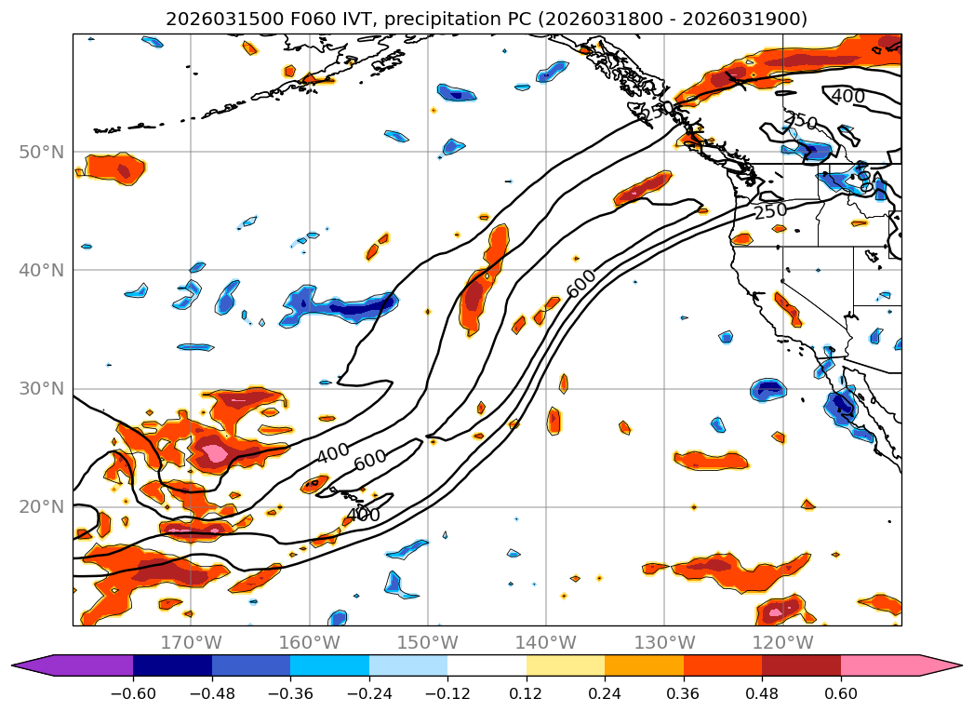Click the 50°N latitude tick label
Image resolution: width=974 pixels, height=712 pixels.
tap(41, 152)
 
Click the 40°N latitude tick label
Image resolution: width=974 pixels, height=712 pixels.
tap(41, 270)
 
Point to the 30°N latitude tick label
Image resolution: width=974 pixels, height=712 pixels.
tap(41, 388)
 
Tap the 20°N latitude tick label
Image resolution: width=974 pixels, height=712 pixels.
tap(41, 506)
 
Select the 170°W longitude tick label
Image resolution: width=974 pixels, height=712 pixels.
tap(191, 642)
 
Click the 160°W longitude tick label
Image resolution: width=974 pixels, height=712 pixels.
tap(309, 642)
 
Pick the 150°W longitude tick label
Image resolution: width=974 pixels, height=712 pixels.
tap(428, 642)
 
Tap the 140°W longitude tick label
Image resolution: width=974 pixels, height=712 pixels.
tap(546, 642)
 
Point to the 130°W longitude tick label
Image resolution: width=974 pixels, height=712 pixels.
tap(664, 642)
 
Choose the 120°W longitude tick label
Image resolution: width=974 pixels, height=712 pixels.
tap(782, 642)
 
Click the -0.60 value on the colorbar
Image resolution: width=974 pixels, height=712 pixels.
tap(133, 692)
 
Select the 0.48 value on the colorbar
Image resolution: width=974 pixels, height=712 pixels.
tap(762, 692)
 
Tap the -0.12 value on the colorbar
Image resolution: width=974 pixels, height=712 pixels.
tap(447, 692)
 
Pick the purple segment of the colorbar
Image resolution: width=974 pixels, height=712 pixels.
tap(84, 665)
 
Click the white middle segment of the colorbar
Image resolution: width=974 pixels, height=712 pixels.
tap(487, 665)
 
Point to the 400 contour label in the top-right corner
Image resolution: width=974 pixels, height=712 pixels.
tap(847, 96)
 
